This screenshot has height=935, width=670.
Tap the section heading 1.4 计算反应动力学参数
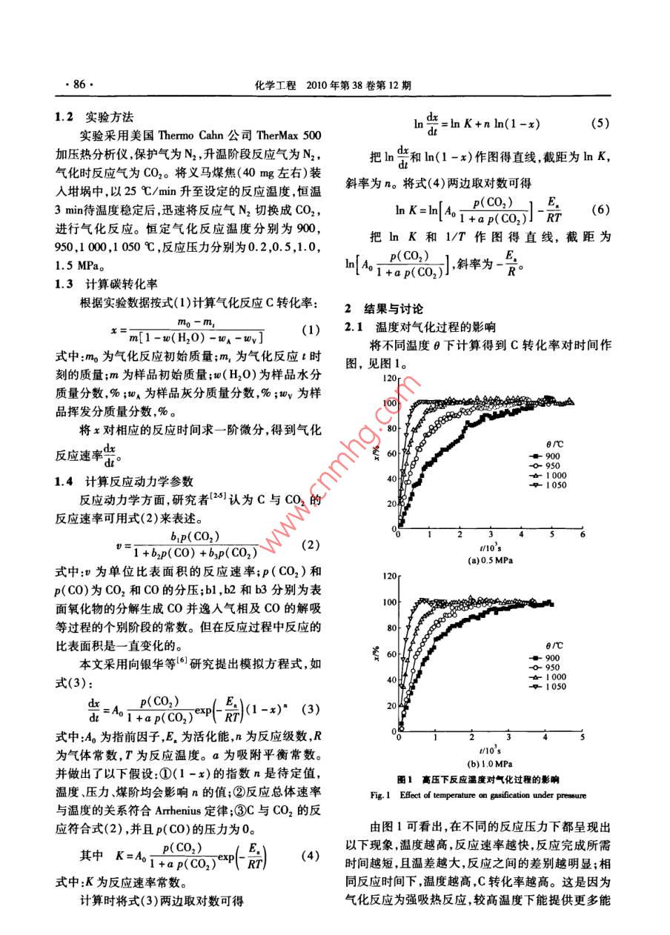(x=125, y=480)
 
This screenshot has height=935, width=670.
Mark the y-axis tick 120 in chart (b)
(x=387, y=574)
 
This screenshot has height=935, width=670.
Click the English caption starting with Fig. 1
(x=477, y=796)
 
